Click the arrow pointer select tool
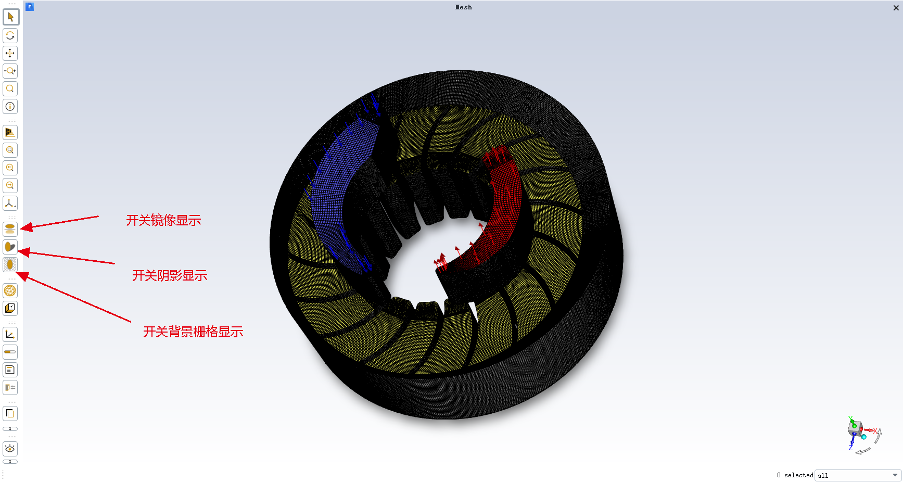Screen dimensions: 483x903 tap(10, 17)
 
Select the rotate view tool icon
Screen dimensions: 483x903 tap(10, 35)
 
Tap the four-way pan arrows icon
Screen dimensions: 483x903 tap(10, 53)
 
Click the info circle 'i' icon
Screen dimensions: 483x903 tap(10, 107)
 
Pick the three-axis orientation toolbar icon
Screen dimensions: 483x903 tap(10, 204)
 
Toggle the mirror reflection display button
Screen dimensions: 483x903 tap(10, 228)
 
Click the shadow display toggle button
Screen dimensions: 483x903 tap(10, 247)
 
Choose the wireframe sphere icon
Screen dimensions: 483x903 tap(10, 290)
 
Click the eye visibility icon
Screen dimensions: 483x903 tap(10, 449)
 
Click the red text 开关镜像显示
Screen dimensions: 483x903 tap(163, 221)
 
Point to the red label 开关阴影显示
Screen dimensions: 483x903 tap(170, 276)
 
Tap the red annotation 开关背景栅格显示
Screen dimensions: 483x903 tap(193, 332)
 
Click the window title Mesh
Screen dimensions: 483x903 tap(463, 7)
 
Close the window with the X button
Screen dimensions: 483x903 tap(896, 8)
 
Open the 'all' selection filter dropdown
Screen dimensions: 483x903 tap(858, 475)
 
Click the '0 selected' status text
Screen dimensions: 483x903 tap(795, 475)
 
